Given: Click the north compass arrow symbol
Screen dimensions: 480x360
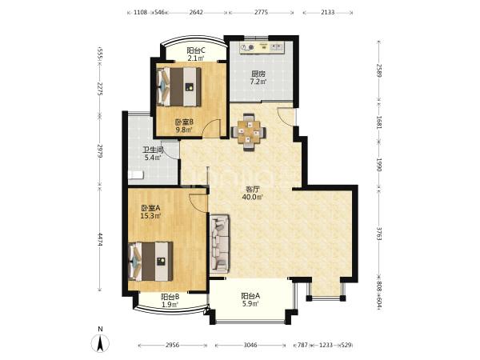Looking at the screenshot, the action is pos(100,343).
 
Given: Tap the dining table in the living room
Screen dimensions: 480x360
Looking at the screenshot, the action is pos(248,132).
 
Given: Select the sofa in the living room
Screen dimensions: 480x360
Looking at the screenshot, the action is pos(219,244).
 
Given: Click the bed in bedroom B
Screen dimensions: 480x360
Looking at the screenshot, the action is pos(179,87).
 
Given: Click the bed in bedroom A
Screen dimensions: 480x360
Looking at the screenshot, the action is pos(151,262).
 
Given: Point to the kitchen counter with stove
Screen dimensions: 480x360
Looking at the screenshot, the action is pos(262,47).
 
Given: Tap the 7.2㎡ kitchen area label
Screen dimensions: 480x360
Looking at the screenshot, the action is pos(258,82).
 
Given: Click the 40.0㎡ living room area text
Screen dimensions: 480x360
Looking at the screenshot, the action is pos(252,197).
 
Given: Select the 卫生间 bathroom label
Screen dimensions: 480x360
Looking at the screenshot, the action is pos(153,150).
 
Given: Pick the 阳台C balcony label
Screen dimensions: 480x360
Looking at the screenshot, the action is pos(196,50).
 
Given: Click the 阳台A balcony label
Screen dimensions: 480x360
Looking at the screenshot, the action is pos(250,296).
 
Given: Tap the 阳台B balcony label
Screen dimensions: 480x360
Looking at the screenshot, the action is pos(170,297).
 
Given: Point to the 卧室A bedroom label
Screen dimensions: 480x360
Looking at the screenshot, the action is pos(150,208).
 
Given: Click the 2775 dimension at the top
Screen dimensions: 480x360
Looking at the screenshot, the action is pos(261,12).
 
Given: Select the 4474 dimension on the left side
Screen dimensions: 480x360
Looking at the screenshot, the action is pos(100,240).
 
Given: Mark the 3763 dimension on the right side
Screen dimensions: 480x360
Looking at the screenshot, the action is pos(379,234).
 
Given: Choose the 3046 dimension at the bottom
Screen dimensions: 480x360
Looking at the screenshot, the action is pos(250,345).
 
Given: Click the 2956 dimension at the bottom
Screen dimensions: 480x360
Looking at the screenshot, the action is pos(172,345).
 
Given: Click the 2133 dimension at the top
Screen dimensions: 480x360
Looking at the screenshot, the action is pos(327,12).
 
